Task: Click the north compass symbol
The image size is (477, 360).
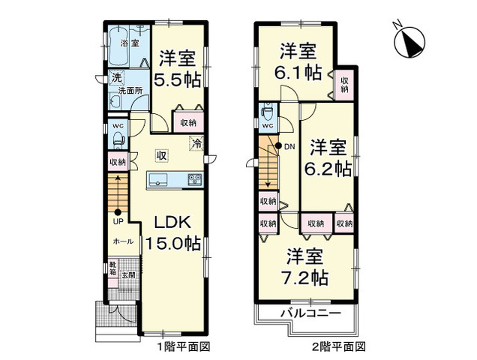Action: tap(409, 41)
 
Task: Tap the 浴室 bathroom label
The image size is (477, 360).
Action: tap(130, 43)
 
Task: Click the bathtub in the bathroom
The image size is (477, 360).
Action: tap(119, 46)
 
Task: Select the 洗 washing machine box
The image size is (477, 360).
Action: tap(116, 77)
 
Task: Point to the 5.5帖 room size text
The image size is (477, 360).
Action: tap(177, 81)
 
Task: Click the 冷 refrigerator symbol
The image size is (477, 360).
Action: tap(196, 142)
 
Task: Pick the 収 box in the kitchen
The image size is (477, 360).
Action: tap(161, 156)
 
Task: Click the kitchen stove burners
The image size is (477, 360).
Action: tap(195, 179)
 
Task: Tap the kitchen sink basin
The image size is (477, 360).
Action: tap(157, 179)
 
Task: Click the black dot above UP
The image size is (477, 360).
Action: tap(118, 212)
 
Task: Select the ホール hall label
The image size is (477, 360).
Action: tap(123, 241)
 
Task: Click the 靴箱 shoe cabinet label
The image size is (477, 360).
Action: tap(112, 268)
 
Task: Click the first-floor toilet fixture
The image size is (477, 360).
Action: tap(118, 140)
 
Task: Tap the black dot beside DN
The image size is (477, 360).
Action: tap(278, 146)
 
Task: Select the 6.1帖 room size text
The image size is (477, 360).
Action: tap(298, 73)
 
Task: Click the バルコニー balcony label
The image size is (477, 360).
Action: tap(310, 313)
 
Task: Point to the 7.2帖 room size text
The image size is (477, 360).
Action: tap(304, 277)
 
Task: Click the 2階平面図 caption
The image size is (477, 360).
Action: tap(339, 346)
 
